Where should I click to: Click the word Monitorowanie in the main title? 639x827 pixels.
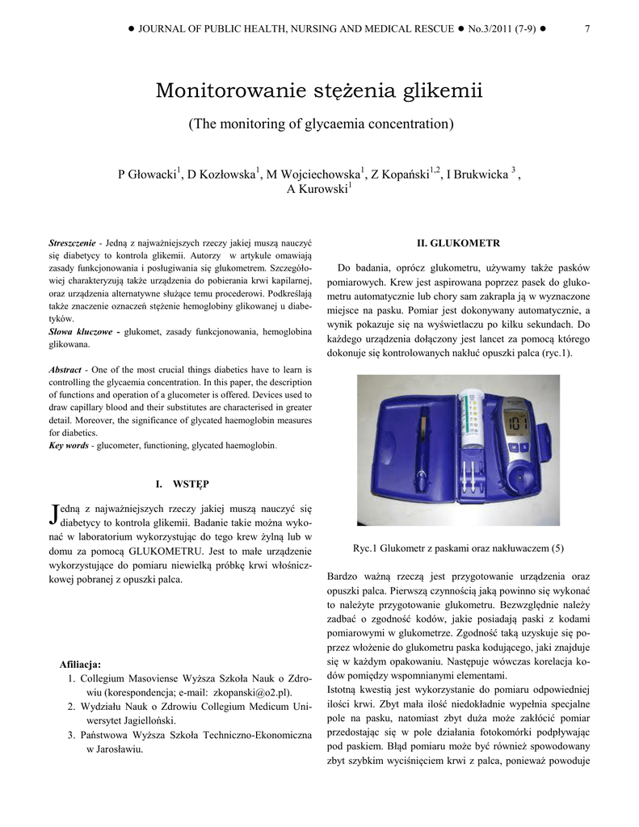coord(225,90)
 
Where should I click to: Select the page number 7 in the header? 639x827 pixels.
coord(586,29)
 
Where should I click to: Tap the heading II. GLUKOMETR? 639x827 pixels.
coord(459,242)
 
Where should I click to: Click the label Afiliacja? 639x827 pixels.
coord(80,664)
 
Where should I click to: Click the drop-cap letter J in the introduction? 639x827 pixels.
coord(54,514)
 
